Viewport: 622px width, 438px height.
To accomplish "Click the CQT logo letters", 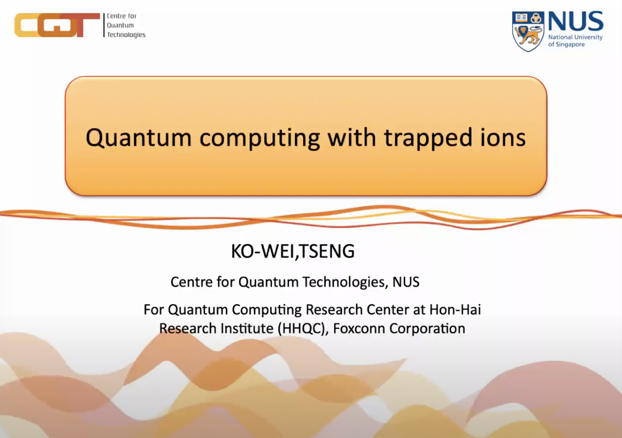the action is pos(57,25).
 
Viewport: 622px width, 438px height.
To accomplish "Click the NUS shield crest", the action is pos(528,32).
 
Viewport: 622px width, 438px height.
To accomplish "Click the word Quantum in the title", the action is pos(139,138).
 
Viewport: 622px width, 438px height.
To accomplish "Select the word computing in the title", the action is pos(259,139).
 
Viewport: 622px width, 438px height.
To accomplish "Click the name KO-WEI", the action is pos(263,252).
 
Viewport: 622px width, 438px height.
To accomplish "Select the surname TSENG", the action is pos(326,252).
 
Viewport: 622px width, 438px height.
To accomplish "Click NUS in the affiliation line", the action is pos(406,282).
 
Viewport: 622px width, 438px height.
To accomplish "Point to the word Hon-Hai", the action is pos(455,309).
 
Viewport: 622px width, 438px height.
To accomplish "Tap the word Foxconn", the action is pos(358,328).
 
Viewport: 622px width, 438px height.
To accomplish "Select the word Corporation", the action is pos(427,329).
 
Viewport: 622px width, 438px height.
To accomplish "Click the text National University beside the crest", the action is pos(576,37).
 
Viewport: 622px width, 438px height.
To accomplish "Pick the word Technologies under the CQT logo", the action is pos(126,35).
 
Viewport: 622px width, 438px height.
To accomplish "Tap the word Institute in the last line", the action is pos(247,328).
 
